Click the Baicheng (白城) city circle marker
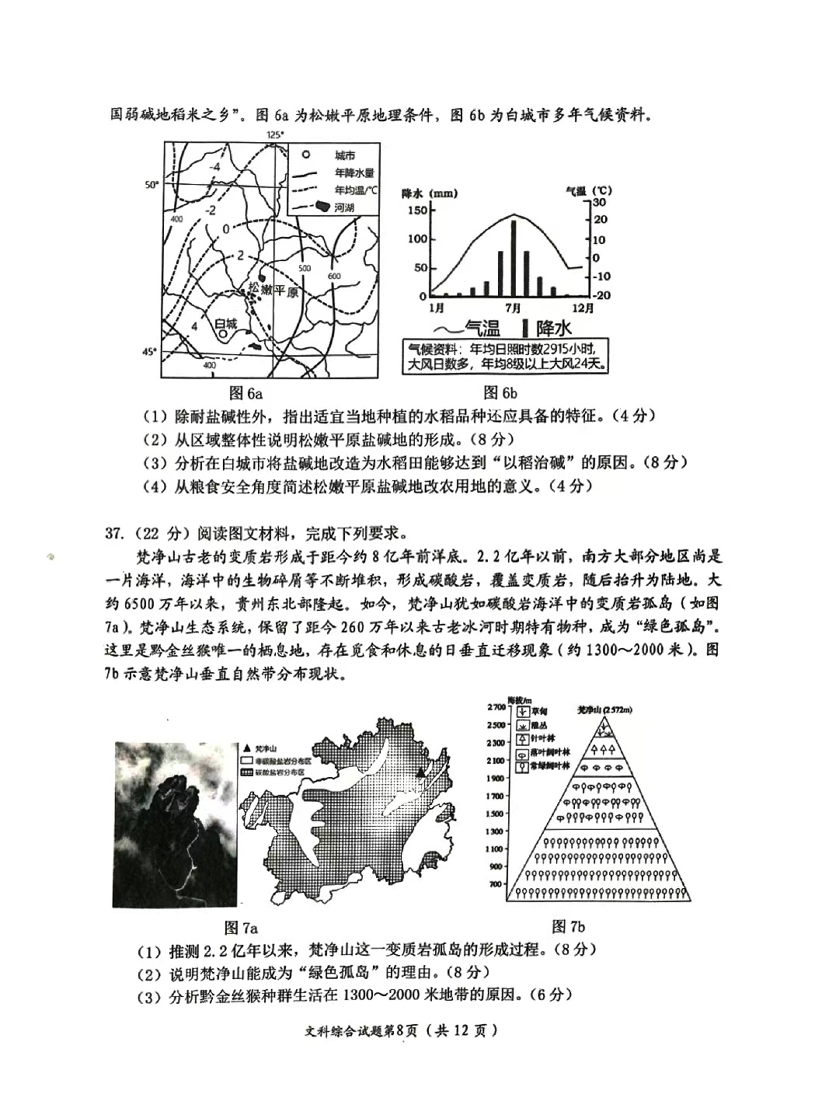pos(224,335)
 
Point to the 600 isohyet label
pos(334,276)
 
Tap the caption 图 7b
pos(568,925)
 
